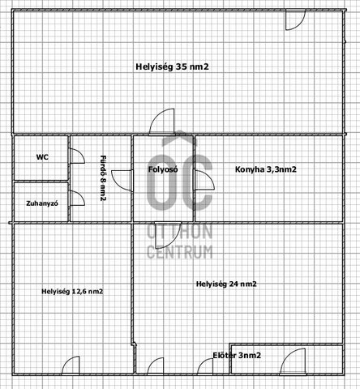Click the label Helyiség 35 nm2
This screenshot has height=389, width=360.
tap(172, 66)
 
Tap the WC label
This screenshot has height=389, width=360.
tap(42, 157)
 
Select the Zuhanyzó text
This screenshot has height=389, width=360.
tap(42, 203)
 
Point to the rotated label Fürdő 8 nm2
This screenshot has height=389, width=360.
tap(103, 178)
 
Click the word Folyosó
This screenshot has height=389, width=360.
tap(163, 169)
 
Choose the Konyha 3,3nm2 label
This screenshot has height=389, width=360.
tap(266, 169)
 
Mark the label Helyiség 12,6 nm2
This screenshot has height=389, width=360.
tap(72, 292)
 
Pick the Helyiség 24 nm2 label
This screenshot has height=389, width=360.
tap(226, 284)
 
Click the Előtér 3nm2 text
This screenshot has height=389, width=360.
tap(237, 355)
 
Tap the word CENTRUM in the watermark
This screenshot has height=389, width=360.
tap(180, 252)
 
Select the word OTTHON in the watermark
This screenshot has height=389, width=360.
tap(180, 232)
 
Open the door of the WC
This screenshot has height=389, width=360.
tap(77, 156)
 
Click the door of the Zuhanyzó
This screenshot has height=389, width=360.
tap(77, 198)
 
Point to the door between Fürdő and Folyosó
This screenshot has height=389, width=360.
tap(122, 180)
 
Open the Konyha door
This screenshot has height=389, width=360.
tap(204, 180)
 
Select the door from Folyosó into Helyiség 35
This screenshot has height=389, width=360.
tap(162, 122)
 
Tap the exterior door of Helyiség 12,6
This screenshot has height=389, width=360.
tap(71, 365)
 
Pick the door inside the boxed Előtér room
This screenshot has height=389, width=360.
tap(293, 361)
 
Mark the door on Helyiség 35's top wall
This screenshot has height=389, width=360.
tap(296, 19)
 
